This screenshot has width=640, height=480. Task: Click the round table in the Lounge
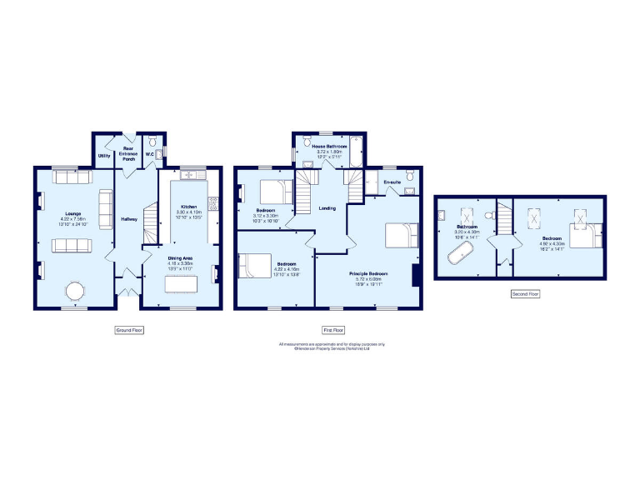coord(75,291)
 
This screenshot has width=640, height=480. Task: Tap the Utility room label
coord(104,156)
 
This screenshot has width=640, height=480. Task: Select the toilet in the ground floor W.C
coord(152,141)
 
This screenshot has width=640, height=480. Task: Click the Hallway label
coord(129,219)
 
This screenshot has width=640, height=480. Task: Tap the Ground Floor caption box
coord(129,330)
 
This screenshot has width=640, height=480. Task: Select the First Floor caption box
coord(333,330)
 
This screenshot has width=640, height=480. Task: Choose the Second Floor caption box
coord(525,294)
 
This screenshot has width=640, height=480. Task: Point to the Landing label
coord(327,207)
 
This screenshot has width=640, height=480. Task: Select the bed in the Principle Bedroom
coord(401,236)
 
